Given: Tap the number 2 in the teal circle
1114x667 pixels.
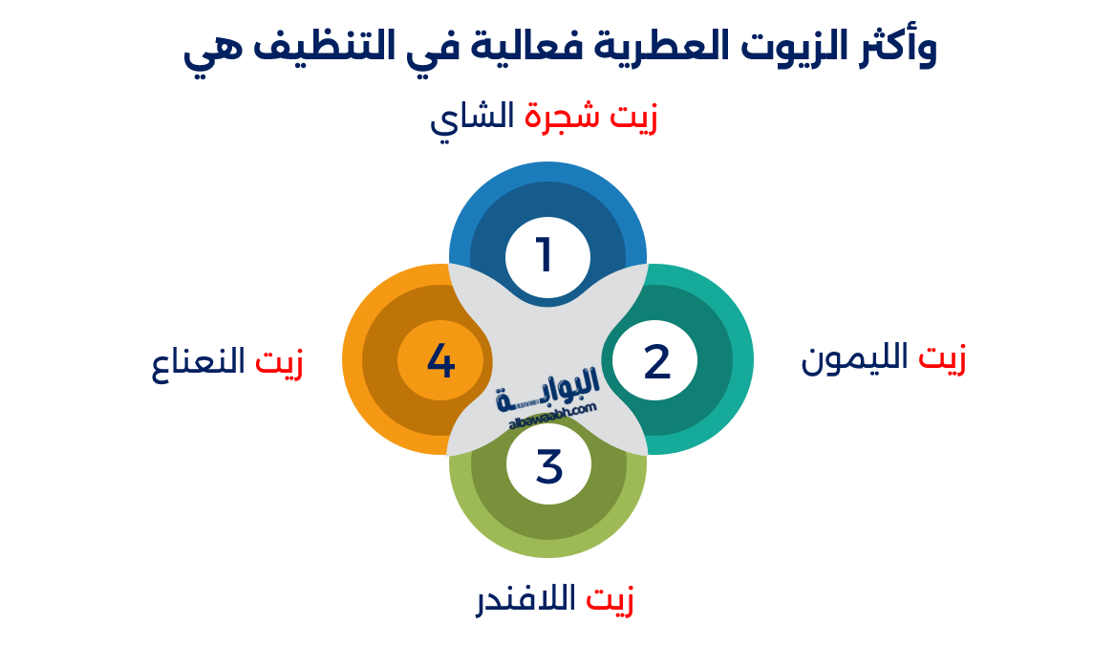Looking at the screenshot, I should click(x=656, y=362).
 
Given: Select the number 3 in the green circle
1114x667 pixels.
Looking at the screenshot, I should click(x=548, y=466).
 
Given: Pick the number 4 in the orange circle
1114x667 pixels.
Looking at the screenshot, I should click(x=440, y=361).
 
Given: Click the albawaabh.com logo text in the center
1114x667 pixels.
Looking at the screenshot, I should click(x=547, y=394).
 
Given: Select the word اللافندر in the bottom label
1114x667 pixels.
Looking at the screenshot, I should click(x=526, y=599).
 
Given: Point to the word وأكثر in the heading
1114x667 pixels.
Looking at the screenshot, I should click(x=890, y=48).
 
